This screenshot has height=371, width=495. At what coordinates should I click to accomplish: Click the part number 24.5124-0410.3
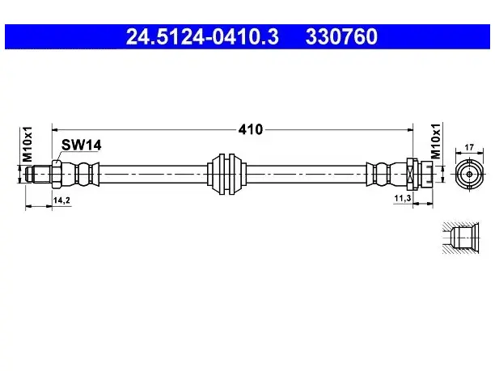click(202, 36)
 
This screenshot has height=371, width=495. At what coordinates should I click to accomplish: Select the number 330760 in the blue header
click(341, 36)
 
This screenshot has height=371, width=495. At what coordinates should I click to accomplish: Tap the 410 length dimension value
click(251, 129)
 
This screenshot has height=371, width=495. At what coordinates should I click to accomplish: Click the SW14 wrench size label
click(81, 145)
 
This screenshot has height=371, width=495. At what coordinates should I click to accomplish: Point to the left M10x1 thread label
click(27, 144)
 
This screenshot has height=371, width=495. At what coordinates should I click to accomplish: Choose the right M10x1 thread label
click(436, 141)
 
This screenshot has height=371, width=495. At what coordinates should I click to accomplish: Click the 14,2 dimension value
click(61, 200)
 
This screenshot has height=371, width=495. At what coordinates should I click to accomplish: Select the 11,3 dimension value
click(403, 198)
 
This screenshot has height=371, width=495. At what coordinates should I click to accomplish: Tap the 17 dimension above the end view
click(469, 147)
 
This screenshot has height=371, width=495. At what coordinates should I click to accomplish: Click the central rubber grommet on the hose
click(226, 174)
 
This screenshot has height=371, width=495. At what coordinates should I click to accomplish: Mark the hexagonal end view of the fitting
click(469, 174)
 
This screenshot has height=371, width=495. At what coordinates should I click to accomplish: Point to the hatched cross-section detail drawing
click(460, 238)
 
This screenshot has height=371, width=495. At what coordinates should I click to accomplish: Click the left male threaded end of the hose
click(38, 174)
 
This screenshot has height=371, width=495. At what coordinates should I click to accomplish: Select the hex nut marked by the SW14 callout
click(56, 174)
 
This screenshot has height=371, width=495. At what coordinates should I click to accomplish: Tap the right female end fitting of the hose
click(420, 174)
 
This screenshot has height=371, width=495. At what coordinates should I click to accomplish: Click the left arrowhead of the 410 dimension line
click(55, 129)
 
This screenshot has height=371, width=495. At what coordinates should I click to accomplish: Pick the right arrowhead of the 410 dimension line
click(410, 129)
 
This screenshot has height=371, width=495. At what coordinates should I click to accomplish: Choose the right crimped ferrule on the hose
click(387, 174)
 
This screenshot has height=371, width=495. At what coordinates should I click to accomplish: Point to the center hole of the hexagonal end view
click(469, 174)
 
